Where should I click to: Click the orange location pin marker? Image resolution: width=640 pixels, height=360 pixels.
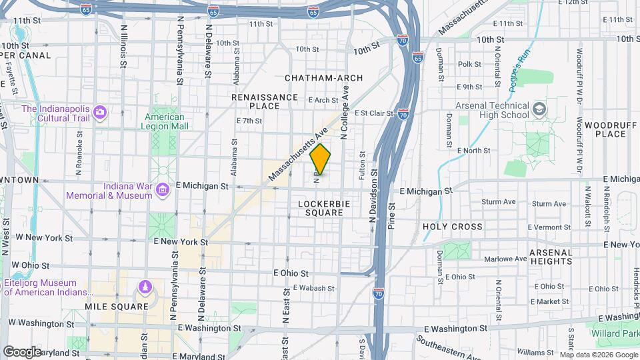coord(321,159)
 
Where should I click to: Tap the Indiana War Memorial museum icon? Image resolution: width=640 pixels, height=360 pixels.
coord(161,191)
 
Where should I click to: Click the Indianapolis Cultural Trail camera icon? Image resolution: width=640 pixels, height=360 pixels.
coord(100,112)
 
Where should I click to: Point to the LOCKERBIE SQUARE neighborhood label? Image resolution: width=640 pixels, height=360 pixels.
coord(321,207)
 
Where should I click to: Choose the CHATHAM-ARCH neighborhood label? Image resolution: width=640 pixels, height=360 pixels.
coord(324,78)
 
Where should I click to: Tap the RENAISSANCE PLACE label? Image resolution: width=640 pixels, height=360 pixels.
coord(265,101)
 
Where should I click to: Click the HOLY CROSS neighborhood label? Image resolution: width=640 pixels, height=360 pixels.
coord(453,227)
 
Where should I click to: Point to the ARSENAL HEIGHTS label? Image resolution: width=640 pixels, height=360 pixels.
coord(551,257)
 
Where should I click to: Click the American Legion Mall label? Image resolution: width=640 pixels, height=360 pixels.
coord(155,121)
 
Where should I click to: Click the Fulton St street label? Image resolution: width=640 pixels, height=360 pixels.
coord(362,165)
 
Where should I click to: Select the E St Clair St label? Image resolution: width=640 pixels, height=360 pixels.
coord(374,113)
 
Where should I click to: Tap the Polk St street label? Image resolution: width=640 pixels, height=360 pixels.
coord(469,64)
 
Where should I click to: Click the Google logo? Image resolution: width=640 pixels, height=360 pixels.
coord(21,351)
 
